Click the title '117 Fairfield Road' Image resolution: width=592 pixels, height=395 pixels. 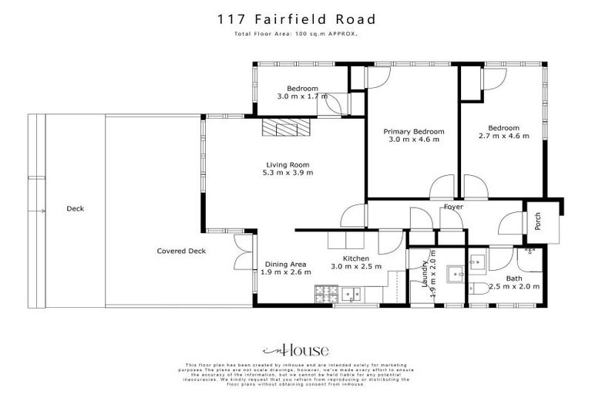296,19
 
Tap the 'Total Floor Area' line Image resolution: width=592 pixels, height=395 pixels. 296,35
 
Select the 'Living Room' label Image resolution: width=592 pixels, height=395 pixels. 288,164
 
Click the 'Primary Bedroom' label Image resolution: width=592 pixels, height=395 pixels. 413,131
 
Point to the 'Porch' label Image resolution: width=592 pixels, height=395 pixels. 538,221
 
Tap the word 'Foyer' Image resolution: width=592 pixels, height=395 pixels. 452,207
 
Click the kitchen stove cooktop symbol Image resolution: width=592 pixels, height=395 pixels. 324,293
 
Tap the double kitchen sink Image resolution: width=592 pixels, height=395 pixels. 354,293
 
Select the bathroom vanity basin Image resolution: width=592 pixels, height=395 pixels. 476,262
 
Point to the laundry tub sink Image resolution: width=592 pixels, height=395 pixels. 455,272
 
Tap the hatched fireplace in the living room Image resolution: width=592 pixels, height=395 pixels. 284,127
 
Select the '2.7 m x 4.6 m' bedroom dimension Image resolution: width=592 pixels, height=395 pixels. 503,137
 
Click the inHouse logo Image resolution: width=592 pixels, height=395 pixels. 296,349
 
